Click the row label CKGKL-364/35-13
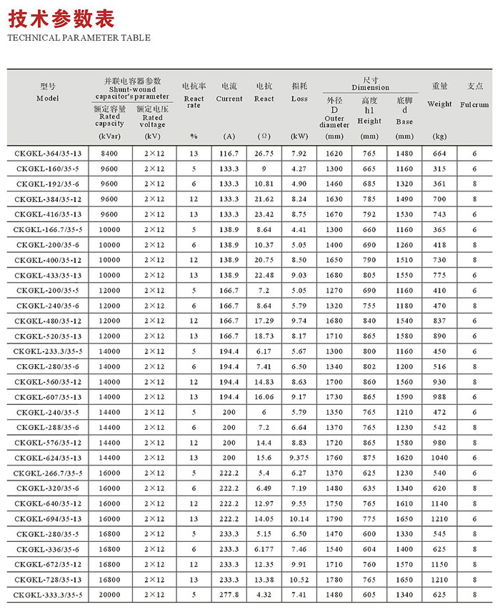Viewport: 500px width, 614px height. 48,153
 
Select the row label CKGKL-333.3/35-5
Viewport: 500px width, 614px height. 48,595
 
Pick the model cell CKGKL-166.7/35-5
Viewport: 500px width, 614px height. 48,230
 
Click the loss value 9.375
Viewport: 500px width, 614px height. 299,458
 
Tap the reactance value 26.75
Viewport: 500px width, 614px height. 264,153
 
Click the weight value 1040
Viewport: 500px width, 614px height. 439,458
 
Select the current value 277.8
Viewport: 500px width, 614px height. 229,595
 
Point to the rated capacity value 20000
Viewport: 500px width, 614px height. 109,595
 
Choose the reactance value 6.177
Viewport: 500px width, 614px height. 264,549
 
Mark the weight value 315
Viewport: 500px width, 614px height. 439,169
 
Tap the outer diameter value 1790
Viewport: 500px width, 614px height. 334,518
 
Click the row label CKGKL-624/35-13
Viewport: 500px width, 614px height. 48,458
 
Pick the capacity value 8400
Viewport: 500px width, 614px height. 109,153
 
